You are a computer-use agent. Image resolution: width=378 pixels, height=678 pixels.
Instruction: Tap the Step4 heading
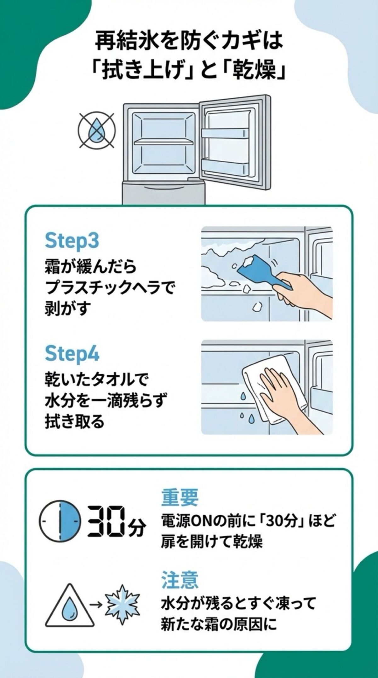[72, 354]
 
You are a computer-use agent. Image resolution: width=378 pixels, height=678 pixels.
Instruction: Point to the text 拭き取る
[75, 421]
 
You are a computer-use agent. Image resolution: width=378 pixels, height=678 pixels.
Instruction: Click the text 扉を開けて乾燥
[211, 541]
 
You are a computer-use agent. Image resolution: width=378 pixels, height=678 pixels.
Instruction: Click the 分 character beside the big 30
[138, 529]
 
